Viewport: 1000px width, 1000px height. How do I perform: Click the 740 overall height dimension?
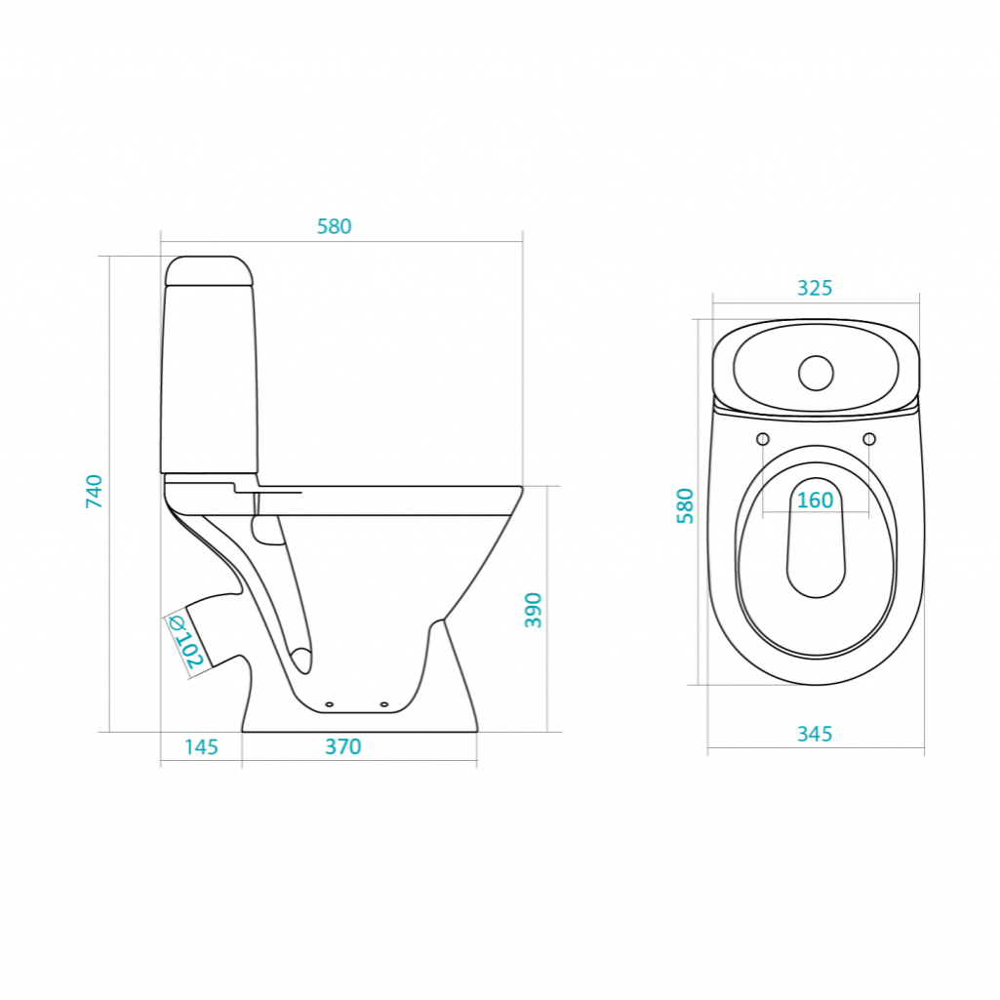point(94,491)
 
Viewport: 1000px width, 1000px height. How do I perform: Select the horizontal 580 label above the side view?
point(335,226)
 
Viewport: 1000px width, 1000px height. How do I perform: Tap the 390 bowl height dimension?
point(533,611)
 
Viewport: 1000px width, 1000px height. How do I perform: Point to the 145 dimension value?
point(202,746)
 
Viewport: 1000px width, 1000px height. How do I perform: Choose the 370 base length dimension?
point(343,746)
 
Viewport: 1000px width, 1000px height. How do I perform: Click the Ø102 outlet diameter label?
point(185,642)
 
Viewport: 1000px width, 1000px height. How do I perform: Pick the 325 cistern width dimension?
point(815,288)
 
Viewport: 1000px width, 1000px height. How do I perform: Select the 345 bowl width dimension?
point(815,734)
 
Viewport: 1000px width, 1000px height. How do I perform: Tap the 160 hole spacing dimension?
point(815,500)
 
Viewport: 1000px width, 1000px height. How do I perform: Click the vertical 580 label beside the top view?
point(685,505)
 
